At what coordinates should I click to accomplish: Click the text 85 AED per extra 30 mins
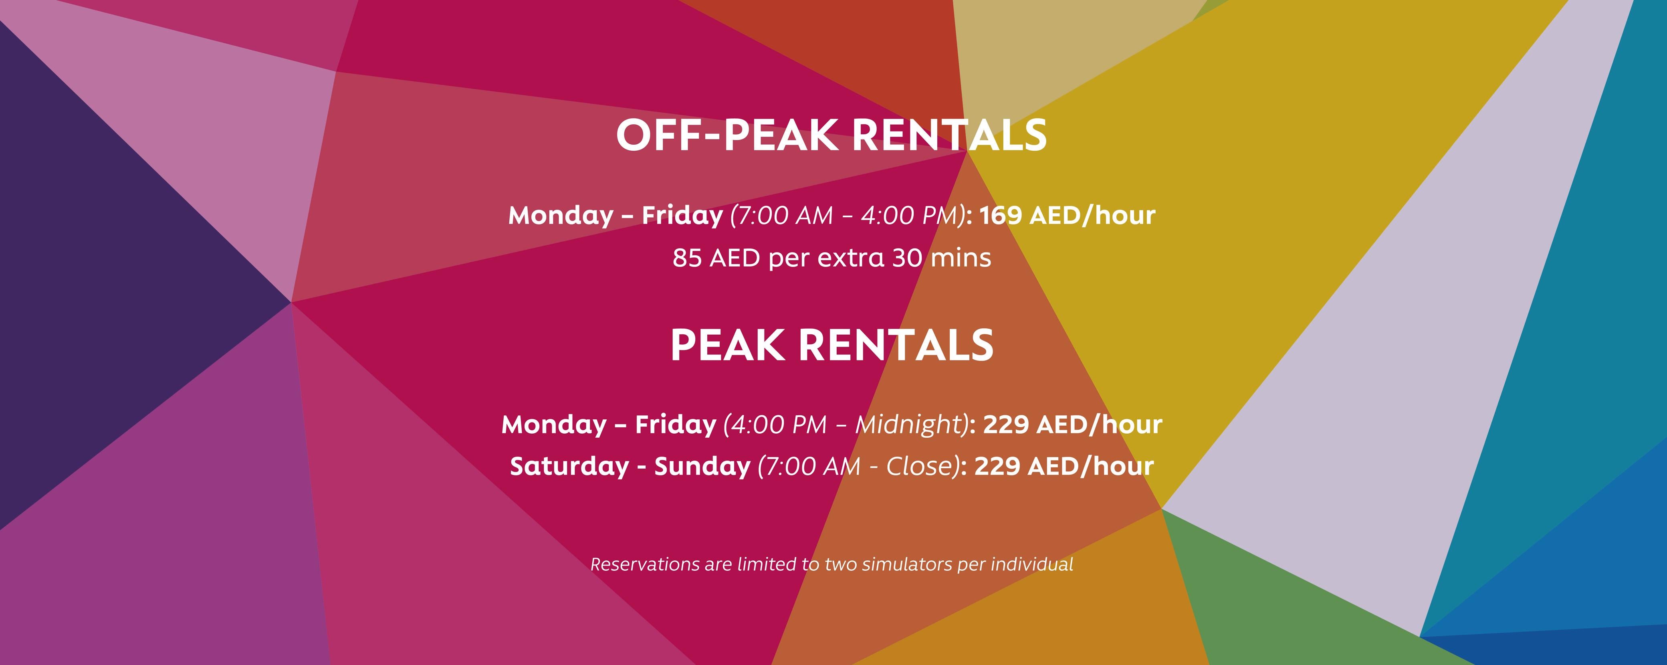[x=831, y=258]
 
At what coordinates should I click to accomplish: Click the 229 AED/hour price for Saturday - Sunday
[x=1064, y=466]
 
